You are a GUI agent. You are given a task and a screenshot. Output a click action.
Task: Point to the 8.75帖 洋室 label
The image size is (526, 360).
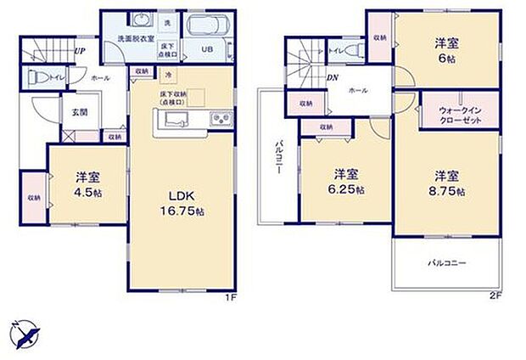448,183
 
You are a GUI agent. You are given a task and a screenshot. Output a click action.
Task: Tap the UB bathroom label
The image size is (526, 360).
207,49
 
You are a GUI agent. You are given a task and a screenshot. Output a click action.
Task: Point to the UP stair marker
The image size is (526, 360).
79,51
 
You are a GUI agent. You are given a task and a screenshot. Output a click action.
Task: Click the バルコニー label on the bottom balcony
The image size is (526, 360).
446,263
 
